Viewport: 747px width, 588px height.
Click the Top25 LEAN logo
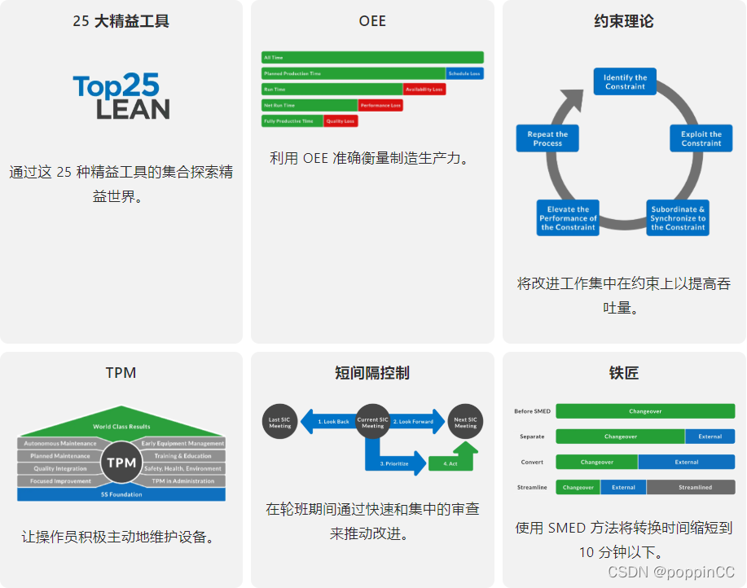click(121, 97)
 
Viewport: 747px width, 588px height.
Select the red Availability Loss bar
click(424, 90)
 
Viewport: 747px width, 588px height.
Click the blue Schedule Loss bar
click(464, 73)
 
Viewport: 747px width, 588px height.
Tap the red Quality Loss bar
click(341, 121)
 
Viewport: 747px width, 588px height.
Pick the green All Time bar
click(372, 58)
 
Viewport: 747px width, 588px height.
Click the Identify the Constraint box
click(625, 82)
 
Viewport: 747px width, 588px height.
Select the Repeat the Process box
click(547, 138)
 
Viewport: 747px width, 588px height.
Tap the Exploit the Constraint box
click(701, 138)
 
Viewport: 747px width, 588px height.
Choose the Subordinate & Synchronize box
click(678, 218)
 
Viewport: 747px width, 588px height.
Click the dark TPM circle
click(121, 463)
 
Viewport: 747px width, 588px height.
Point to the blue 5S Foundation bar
click(121, 494)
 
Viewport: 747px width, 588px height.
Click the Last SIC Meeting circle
click(279, 422)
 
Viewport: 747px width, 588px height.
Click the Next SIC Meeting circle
click(465, 422)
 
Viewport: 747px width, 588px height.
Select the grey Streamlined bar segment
click(691, 487)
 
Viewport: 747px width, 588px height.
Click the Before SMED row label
click(533, 411)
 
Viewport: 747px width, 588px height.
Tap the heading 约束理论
click(624, 22)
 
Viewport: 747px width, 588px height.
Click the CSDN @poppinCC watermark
click(671, 573)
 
